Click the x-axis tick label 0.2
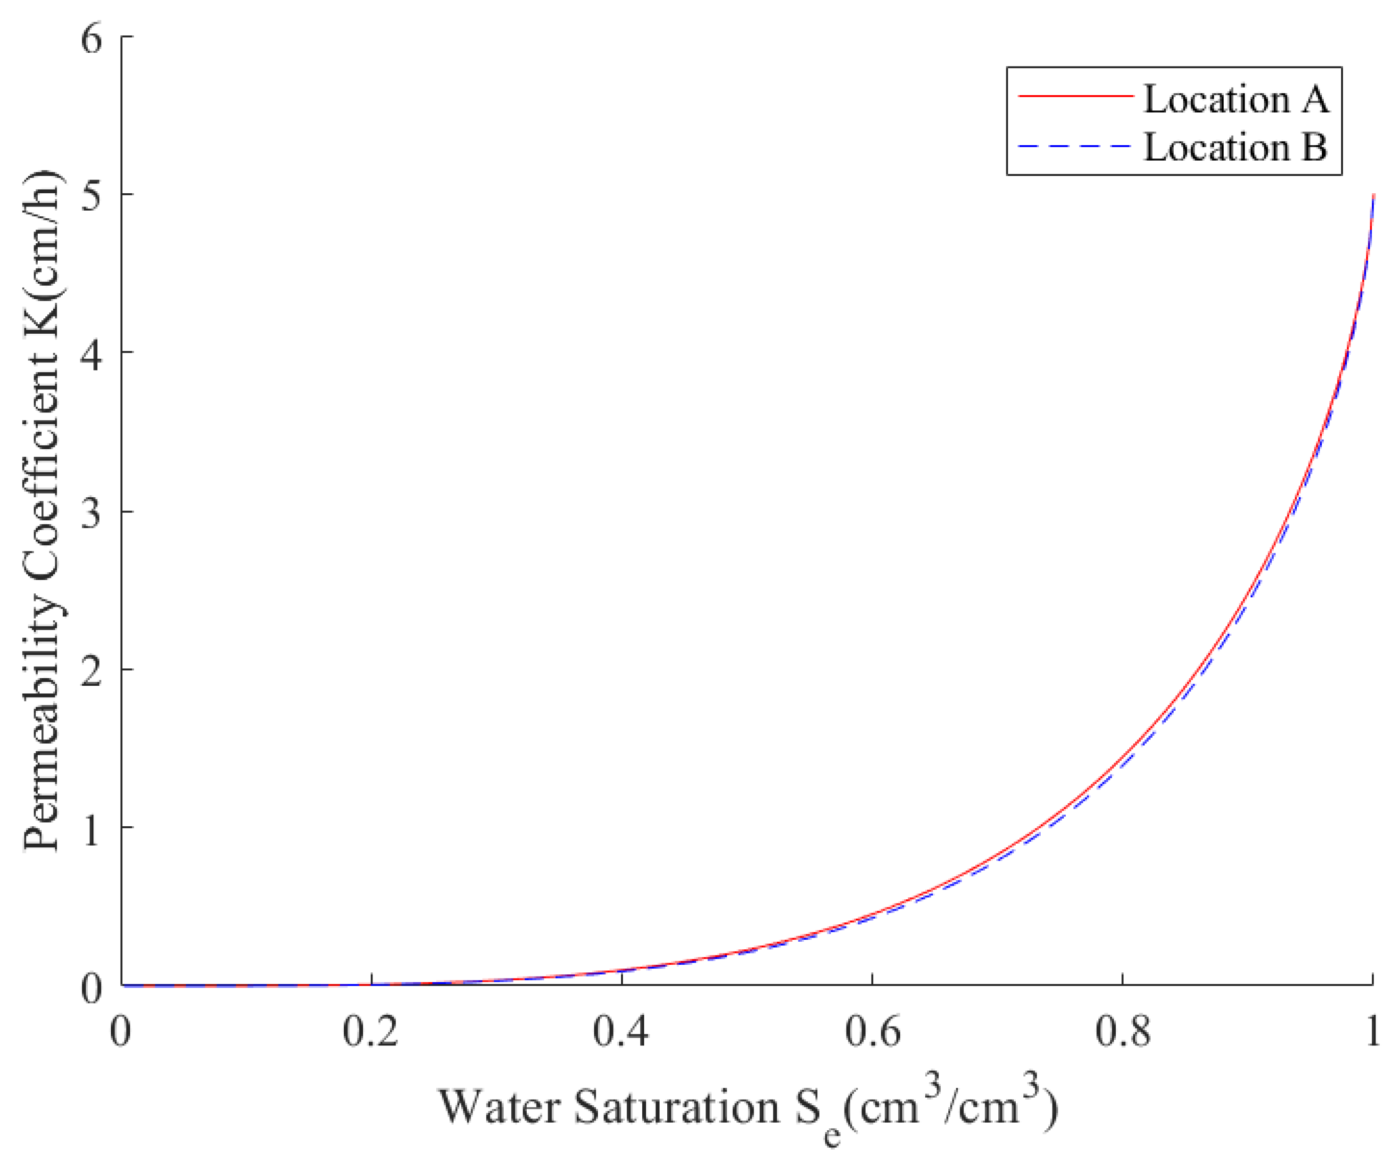click(370, 1032)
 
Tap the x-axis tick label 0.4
click(621, 1032)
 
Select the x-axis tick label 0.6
click(871, 1032)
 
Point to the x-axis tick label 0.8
click(1122, 1032)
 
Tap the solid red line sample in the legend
click(1075, 96)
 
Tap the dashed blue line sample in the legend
click(1075, 145)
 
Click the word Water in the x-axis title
click(499, 1108)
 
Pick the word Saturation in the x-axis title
click(677, 1108)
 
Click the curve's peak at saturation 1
click(1372, 196)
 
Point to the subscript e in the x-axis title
click(832, 1136)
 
